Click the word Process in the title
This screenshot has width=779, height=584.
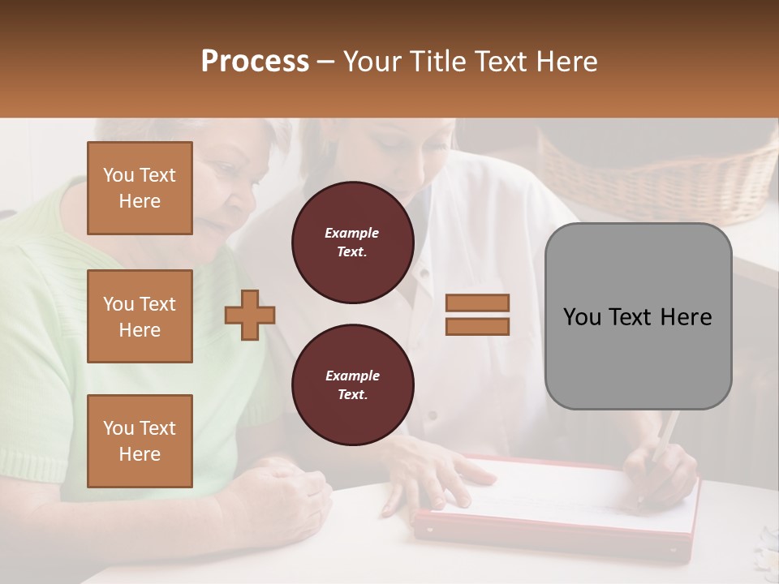(255, 62)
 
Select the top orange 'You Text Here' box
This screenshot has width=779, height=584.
(140, 188)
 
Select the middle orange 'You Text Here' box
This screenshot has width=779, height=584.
(140, 316)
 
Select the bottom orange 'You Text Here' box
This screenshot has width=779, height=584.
(140, 441)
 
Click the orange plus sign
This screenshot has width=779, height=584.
(250, 315)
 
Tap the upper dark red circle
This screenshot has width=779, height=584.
(352, 243)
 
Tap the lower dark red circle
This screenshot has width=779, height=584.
(352, 385)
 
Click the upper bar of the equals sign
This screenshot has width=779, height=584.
(477, 303)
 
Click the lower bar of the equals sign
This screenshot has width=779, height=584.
(477, 326)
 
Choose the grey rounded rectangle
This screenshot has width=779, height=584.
(638, 316)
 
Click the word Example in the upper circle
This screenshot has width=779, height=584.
(352, 233)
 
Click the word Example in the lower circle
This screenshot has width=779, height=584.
(352, 376)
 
